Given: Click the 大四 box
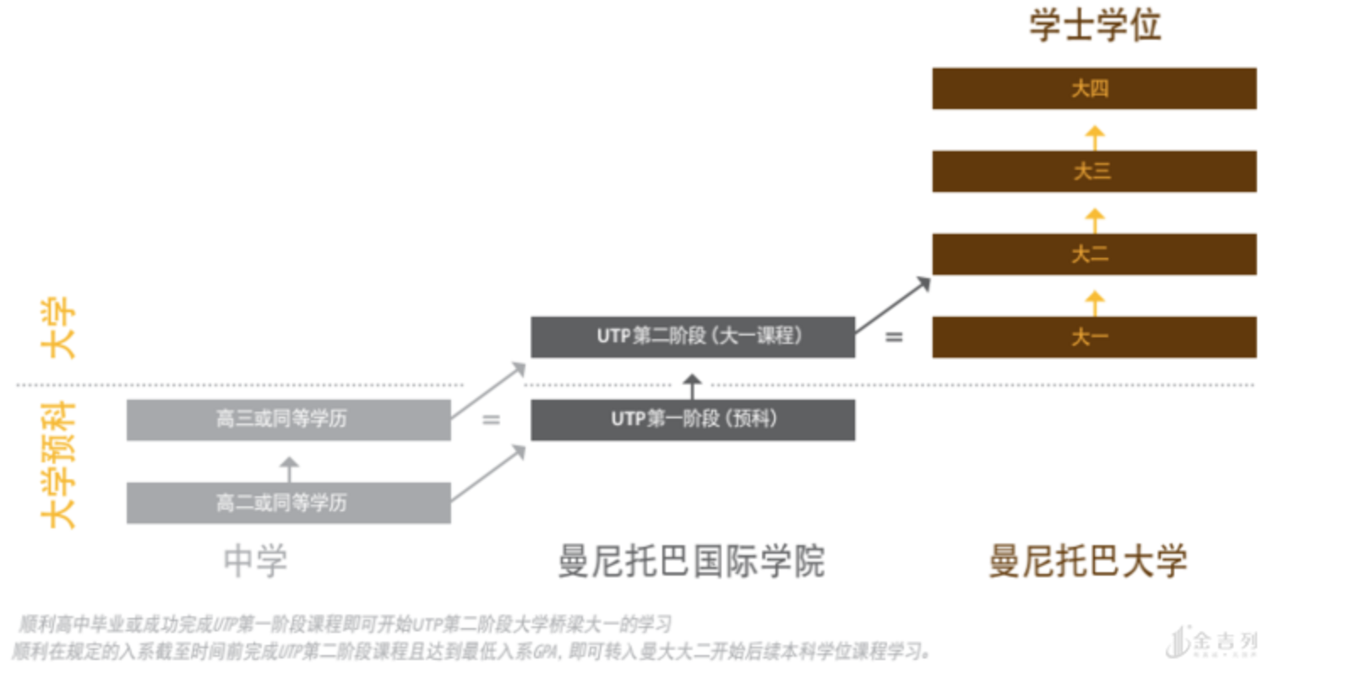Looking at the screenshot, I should (1093, 89).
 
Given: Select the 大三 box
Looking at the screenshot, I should (1093, 172).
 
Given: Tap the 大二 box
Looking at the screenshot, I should (1093, 254).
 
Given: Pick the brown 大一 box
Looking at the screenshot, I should (1093, 337).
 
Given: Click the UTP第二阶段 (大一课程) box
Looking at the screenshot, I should (692, 336).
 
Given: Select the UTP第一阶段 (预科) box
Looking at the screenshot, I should (692, 419).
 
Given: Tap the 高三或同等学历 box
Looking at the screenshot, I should (288, 419).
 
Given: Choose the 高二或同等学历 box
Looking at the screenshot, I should (288, 503).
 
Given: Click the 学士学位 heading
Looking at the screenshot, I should (1094, 25).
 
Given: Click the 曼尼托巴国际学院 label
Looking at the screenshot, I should (691, 561).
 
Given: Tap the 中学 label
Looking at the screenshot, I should (255, 561).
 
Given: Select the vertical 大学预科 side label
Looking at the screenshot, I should (59, 465).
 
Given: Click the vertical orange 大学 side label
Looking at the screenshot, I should (59, 328).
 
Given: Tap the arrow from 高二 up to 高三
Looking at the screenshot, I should (289, 467).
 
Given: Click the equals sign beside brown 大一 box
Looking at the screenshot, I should (894, 337).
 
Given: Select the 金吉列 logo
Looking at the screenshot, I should (1212, 643).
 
